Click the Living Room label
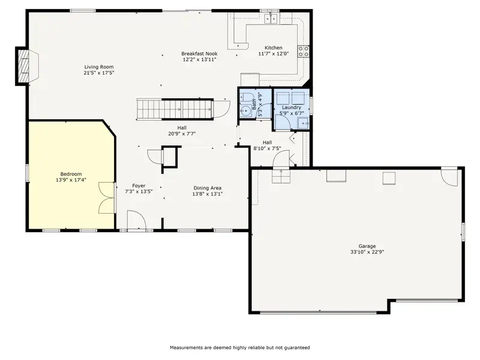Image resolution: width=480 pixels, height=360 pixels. pos(99,67)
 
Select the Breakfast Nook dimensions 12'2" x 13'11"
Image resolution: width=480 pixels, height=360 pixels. pos(200,59)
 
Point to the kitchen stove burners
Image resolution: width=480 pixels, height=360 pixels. pos(304,52)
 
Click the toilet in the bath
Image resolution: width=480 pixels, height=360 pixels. pos(245,97)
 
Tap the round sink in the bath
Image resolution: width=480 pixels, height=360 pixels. pos(245,111)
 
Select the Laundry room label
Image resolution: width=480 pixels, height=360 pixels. pos(292,107)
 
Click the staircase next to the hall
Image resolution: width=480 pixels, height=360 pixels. pos(175,109)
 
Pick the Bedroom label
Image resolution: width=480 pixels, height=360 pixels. pos(71,174)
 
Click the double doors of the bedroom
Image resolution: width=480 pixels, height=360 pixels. pos(107,198)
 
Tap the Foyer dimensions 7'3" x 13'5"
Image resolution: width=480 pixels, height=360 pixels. pos(139,191)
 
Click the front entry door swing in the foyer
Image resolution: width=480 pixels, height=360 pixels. pos(137,220)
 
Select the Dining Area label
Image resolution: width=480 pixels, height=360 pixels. pos(208,188)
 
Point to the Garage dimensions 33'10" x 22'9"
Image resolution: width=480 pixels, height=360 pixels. pos(367,252)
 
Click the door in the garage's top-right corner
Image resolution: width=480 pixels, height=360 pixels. pos(449,177)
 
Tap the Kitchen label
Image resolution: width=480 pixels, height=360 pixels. pos(274,47)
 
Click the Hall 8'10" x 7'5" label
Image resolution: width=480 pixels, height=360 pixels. pos(267,145)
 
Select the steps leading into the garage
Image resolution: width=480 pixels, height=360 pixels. pos(281,176)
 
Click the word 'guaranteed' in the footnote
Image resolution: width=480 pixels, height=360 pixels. pos(297,347)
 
